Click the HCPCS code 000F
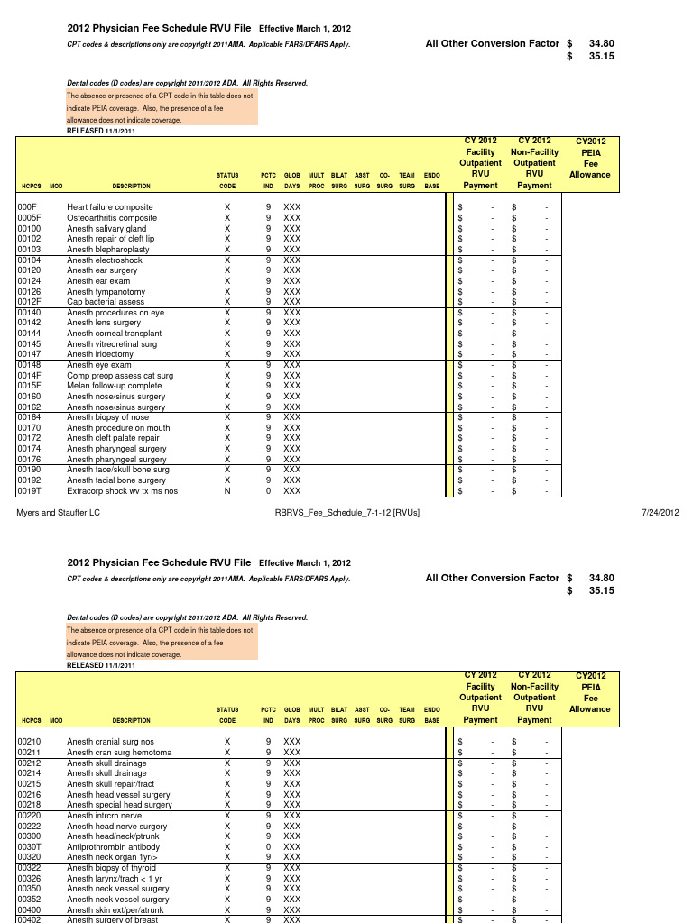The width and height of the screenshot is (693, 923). point(26,207)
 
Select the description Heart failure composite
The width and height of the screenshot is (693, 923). point(110,207)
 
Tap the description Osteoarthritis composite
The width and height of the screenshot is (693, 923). point(112,218)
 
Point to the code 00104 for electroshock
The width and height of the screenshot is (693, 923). point(30,260)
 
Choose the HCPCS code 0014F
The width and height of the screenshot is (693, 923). point(30,376)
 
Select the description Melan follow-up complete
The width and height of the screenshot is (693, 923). point(115,386)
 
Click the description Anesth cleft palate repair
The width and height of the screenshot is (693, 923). point(114,438)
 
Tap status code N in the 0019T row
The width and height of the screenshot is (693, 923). point(227,491)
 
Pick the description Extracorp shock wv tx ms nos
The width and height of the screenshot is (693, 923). point(123,491)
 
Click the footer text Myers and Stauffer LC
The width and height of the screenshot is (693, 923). point(56,513)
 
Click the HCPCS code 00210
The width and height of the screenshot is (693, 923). point(30,742)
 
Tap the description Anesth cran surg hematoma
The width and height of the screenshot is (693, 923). point(119,753)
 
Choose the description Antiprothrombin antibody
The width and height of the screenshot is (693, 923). point(113,847)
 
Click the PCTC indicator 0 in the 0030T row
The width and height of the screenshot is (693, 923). point(268,847)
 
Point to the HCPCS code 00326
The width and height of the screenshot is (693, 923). point(30,879)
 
